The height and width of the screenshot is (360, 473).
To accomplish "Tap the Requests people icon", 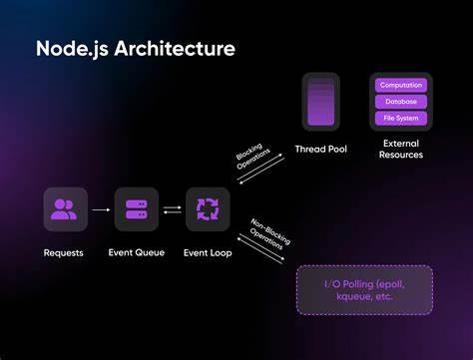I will click(x=64, y=209).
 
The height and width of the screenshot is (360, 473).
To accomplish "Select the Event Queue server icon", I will click(x=136, y=209).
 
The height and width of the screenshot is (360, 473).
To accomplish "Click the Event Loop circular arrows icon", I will click(x=208, y=209).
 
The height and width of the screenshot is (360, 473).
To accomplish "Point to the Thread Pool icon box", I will click(x=320, y=102).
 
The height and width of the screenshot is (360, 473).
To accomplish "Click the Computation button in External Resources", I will click(x=400, y=85).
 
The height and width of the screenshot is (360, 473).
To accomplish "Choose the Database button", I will click(x=400, y=102).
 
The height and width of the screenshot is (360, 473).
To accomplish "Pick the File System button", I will click(x=400, y=119).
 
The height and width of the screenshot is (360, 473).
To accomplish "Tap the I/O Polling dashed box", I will click(x=365, y=290).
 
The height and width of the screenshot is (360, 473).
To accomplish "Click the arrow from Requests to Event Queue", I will click(x=100, y=209).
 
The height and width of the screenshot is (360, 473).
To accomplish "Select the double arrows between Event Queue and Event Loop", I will click(x=172, y=209).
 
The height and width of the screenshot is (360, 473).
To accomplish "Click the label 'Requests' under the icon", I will click(x=64, y=252).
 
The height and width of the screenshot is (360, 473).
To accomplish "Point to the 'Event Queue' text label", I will click(x=136, y=252).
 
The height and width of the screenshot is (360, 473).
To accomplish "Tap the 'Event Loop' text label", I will click(x=208, y=252).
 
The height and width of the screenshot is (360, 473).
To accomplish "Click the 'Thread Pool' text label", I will click(x=320, y=149).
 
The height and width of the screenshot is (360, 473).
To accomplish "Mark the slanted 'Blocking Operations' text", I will click(x=251, y=159).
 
